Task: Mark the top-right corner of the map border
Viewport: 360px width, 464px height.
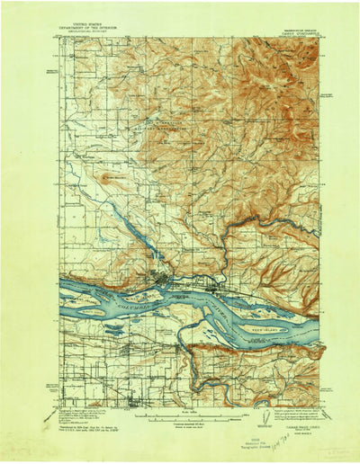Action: (x=320, y=38)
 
